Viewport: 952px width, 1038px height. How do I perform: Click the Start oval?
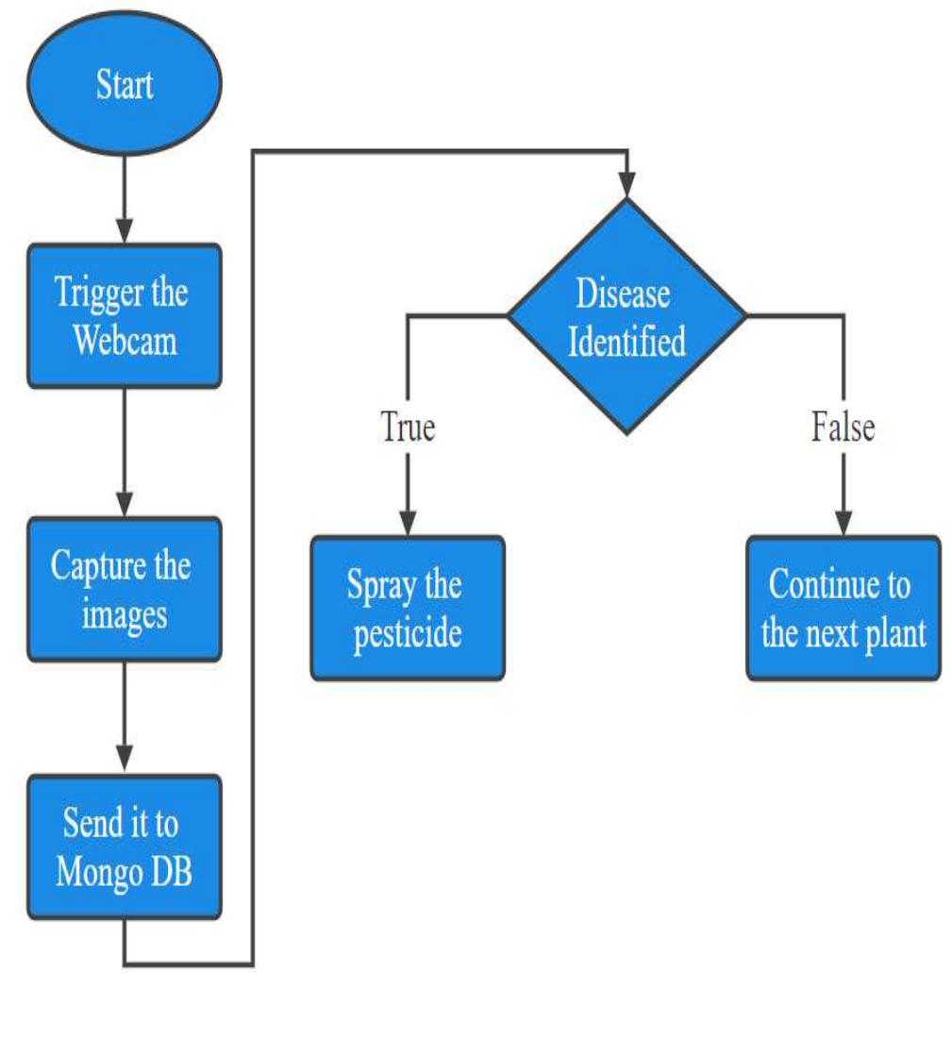[125, 85]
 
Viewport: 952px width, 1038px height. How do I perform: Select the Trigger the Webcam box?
[125, 315]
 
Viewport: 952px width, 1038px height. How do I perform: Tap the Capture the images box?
[125, 589]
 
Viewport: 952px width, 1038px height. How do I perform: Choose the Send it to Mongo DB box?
[125, 846]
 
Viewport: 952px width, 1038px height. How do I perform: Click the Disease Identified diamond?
[626, 316]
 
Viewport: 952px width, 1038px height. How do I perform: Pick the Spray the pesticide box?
[408, 608]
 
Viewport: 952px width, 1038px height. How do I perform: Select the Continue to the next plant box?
[843, 608]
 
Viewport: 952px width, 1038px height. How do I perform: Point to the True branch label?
[408, 427]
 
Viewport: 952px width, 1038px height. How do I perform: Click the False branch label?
[843, 427]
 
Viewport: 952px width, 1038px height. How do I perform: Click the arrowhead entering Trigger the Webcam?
[125, 232]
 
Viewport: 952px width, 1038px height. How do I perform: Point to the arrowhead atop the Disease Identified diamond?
[626, 185]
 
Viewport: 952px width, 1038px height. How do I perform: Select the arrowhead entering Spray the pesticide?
[408, 524]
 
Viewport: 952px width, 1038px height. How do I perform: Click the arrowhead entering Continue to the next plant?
[843, 524]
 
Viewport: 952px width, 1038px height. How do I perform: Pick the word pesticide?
[408, 632]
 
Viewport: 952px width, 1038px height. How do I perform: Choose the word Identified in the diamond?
[626, 341]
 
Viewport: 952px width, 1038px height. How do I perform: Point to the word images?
[125, 614]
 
